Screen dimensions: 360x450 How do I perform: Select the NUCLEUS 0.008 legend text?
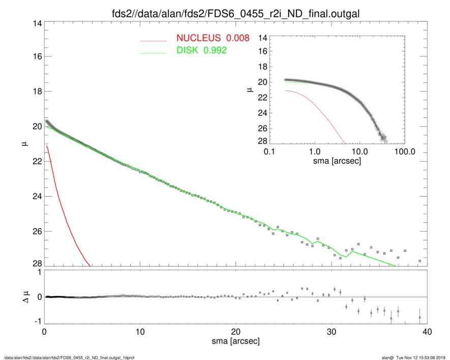click(x=213, y=38)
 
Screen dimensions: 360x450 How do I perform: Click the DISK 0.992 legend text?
click(x=201, y=50)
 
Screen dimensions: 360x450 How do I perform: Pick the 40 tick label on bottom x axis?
click(x=426, y=331)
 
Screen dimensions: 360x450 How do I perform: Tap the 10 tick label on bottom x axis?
click(x=140, y=331)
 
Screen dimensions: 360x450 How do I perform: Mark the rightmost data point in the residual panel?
click(x=419, y=317)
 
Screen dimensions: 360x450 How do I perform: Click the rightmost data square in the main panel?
click(x=419, y=261)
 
